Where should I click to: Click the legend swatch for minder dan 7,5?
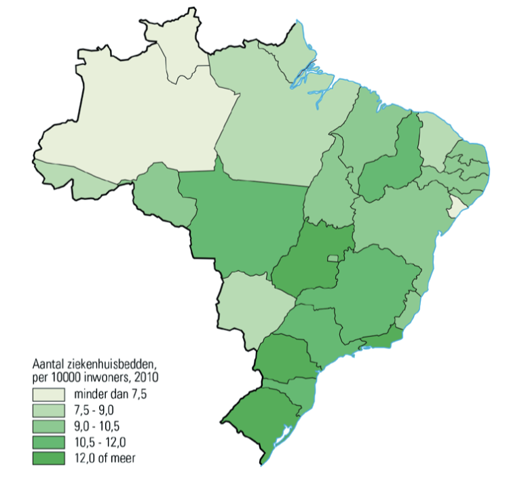[x=48, y=394]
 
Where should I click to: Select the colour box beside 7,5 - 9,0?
[x=48, y=410]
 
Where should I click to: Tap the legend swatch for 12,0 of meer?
[x=48, y=458]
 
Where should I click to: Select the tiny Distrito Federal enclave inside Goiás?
[x=333, y=258]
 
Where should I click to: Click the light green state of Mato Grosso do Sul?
[x=251, y=305]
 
